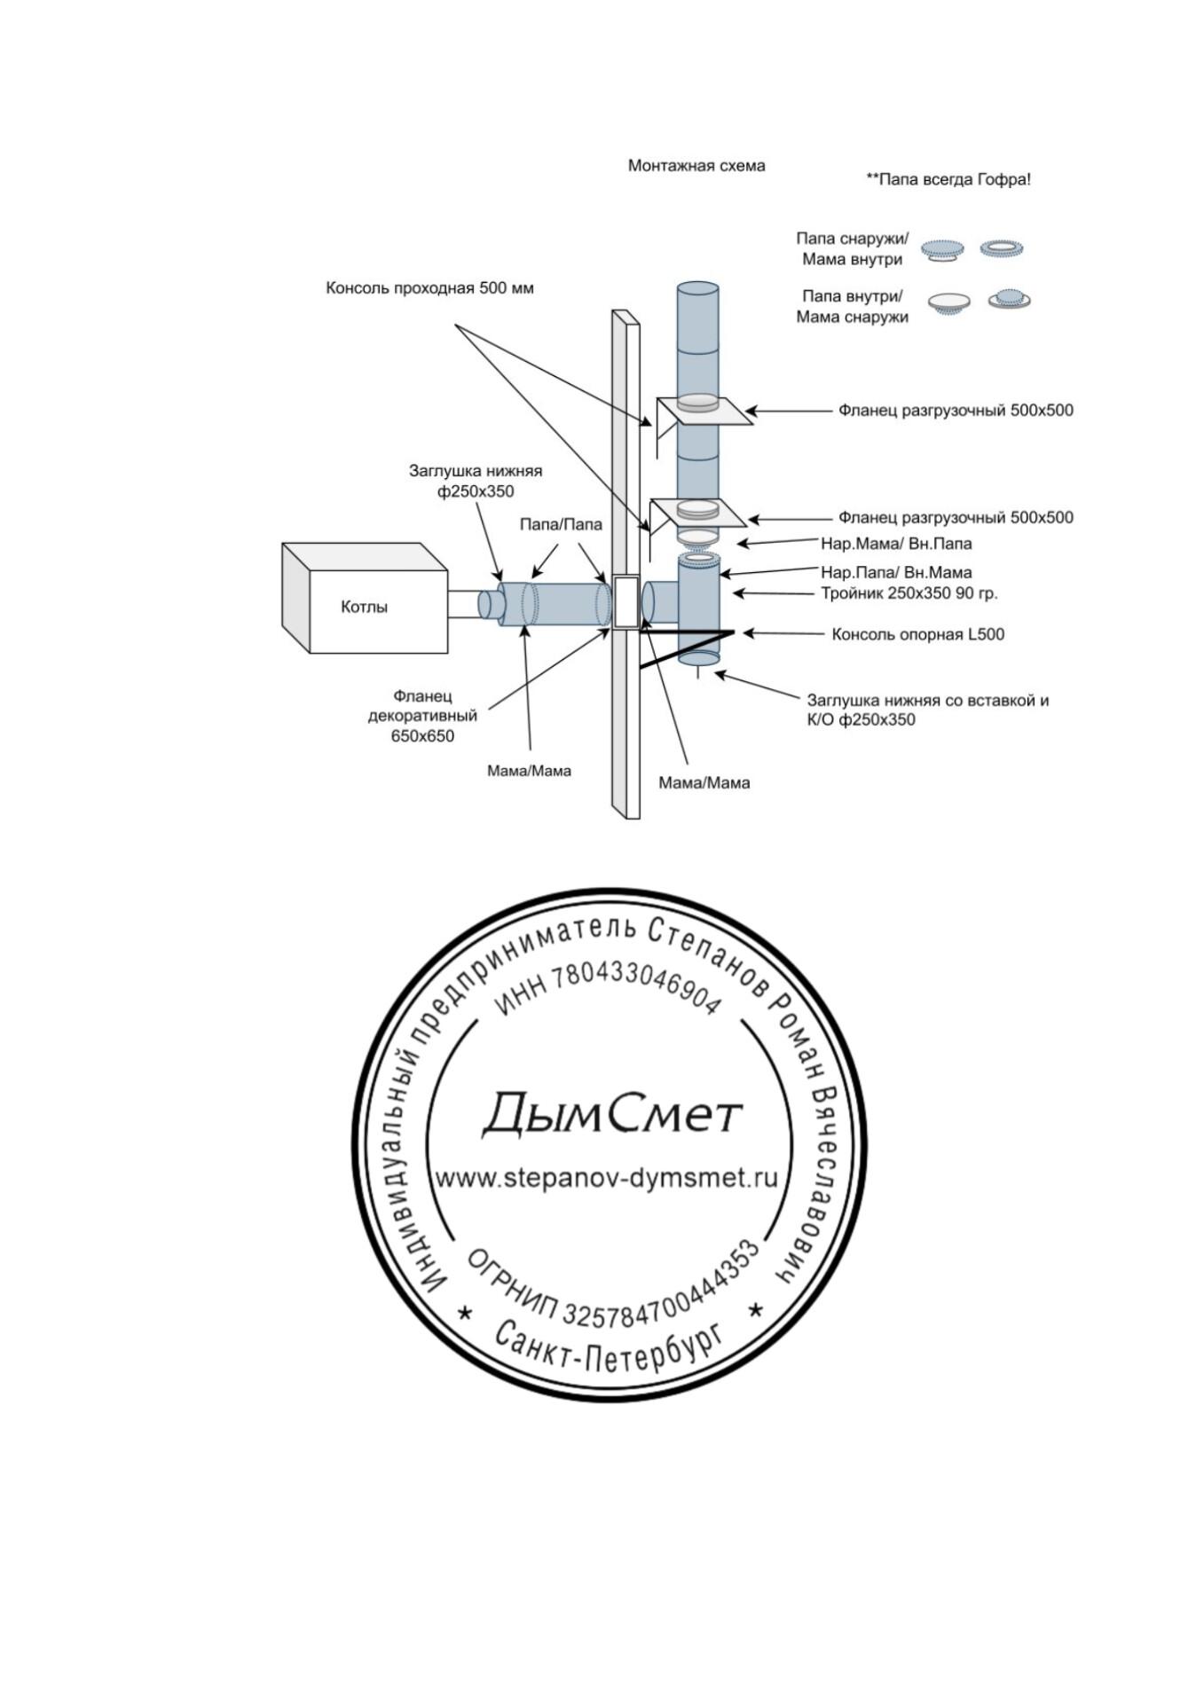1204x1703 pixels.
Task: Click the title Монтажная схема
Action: click(x=696, y=166)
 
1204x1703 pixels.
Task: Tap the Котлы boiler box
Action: click(x=364, y=608)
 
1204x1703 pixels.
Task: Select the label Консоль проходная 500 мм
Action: click(x=429, y=288)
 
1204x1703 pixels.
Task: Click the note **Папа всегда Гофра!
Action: click(x=948, y=179)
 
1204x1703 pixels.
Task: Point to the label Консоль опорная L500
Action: click(x=917, y=634)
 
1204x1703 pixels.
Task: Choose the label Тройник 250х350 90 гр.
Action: click(x=909, y=593)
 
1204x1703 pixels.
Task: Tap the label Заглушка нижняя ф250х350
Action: click(x=476, y=481)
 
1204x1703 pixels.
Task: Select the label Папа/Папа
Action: click(x=561, y=524)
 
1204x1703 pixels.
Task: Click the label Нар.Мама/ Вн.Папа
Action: click(x=896, y=543)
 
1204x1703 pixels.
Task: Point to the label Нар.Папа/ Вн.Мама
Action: click(x=896, y=572)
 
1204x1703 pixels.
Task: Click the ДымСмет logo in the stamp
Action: click(x=610, y=1114)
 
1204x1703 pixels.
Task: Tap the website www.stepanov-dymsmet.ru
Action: click(x=607, y=1178)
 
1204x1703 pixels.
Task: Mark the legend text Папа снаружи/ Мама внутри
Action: click(x=852, y=249)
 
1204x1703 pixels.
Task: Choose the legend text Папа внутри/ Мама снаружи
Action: click(x=852, y=307)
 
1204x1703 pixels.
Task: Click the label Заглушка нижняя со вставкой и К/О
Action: click(x=927, y=710)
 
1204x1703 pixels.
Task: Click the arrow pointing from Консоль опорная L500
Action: click(x=772, y=633)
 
